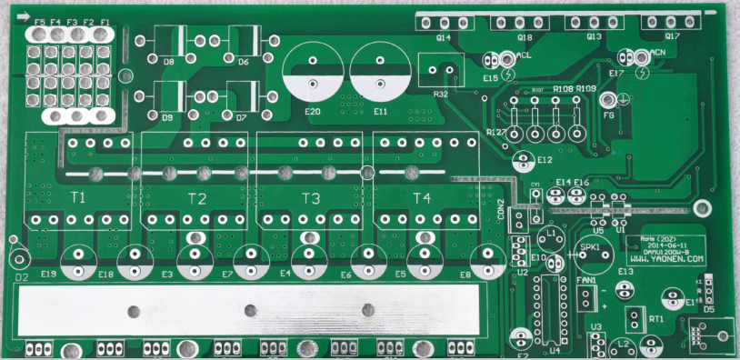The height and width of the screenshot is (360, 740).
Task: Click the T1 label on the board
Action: point(78,196)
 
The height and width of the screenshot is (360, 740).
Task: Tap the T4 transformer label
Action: point(421,198)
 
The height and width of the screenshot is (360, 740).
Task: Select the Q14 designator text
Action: point(443,38)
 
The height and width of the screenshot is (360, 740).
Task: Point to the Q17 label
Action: point(672,37)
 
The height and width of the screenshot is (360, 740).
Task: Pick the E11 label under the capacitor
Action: point(380,111)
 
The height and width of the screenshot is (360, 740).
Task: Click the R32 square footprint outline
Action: point(440,68)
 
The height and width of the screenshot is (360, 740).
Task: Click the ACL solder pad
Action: point(506,60)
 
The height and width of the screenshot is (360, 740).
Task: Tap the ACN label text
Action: point(657,53)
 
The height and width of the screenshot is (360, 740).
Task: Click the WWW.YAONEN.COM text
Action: point(666,258)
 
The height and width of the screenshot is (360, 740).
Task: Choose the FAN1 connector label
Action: point(585,280)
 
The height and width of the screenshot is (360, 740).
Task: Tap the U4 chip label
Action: point(554,349)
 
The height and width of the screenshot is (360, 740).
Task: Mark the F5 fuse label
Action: point(39,22)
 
